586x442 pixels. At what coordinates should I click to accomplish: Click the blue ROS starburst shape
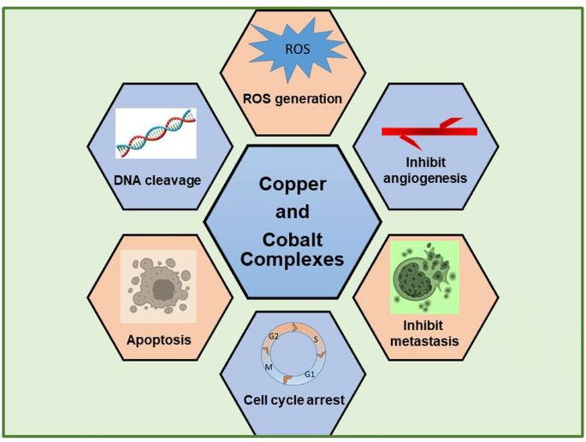(x=292, y=50)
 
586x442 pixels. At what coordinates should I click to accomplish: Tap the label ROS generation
(x=293, y=98)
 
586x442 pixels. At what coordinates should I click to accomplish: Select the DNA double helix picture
(x=156, y=133)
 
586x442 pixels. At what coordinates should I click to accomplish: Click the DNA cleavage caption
(x=157, y=180)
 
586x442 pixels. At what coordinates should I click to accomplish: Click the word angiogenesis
(x=426, y=179)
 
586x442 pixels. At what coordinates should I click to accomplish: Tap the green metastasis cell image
(x=424, y=278)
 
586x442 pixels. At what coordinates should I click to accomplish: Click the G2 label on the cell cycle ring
(x=273, y=336)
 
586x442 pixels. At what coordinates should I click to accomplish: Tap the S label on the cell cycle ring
(x=316, y=339)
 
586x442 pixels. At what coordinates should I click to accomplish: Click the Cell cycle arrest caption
(x=293, y=399)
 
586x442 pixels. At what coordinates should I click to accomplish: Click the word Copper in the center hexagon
(x=293, y=183)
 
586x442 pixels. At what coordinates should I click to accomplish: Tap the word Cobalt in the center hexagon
(x=292, y=242)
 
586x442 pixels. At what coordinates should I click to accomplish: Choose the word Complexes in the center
(x=293, y=258)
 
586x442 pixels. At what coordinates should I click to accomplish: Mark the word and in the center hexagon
(x=293, y=212)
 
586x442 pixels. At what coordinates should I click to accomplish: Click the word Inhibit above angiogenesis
(x=426, y=162)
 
